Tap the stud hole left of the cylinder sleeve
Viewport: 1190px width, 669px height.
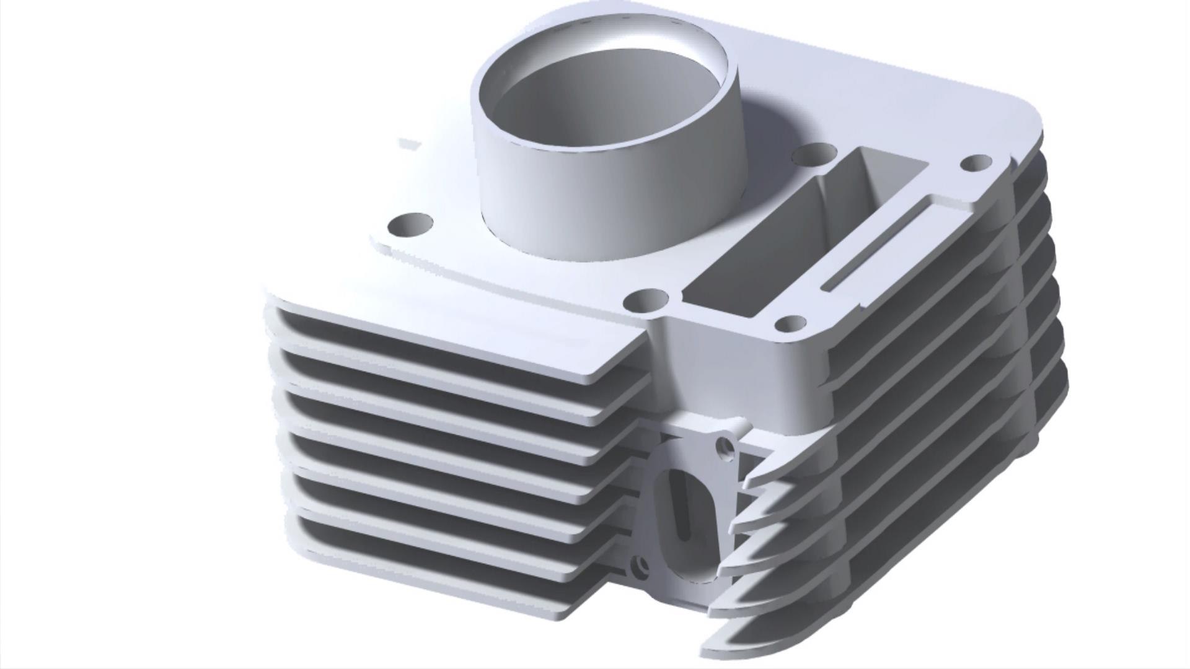pos(410,224)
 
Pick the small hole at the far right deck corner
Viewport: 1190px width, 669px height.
pos(976,163)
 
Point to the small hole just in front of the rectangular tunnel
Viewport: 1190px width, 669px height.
pos(791,323)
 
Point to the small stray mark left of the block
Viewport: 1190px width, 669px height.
pos(409,144)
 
